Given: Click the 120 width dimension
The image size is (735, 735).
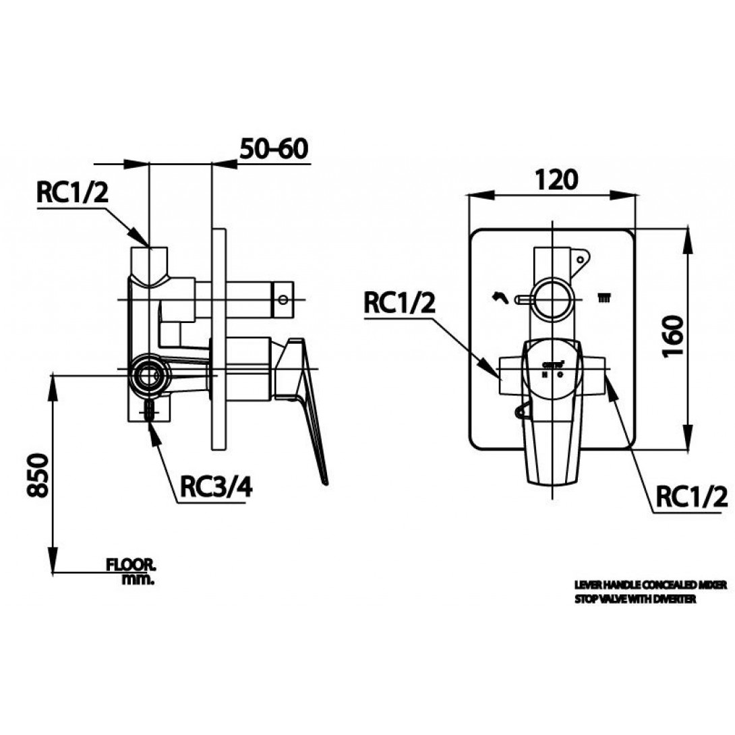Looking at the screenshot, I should [557, 179].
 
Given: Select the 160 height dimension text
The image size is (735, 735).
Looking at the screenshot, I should [676, 337].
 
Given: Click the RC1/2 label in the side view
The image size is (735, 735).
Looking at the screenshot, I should [71, 193].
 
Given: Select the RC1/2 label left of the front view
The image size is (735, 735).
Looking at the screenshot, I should [400, 305].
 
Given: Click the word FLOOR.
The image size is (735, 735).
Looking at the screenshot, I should [131, 563].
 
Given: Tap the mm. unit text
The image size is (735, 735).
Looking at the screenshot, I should [139, 579].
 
